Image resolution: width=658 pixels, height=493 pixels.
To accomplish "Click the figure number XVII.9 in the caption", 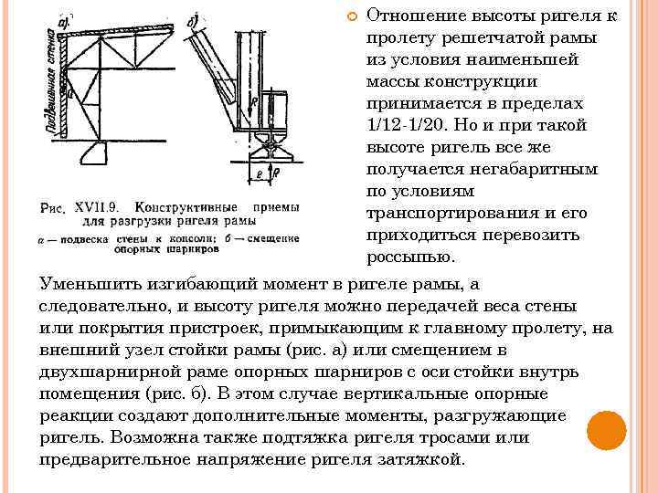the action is coord(98,207).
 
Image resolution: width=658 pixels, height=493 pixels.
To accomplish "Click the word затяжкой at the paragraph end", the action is coord(419,459).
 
